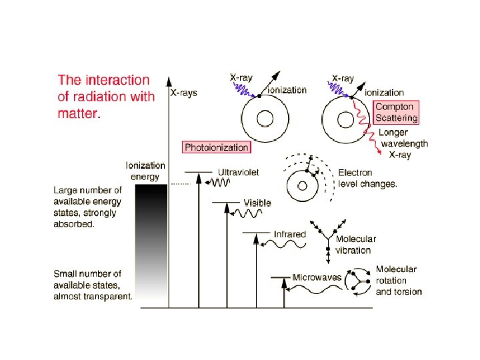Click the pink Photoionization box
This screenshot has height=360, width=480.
pos(217,147)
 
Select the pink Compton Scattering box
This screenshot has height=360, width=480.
pos(397,112)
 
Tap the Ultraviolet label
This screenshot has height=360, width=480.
pos(238,171)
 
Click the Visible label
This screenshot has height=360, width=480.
pos(257,202)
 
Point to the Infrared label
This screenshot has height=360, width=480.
pos(289,234)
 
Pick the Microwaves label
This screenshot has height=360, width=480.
pos(317,277)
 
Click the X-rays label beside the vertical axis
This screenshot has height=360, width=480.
pos(185,93)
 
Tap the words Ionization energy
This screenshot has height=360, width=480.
pos(145,171)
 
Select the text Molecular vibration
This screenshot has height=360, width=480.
pos(355,245)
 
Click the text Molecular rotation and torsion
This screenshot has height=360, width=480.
pos(399,280)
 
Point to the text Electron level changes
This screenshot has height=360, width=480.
pos(368,178)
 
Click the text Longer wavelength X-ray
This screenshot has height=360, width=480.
pos(403,143)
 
